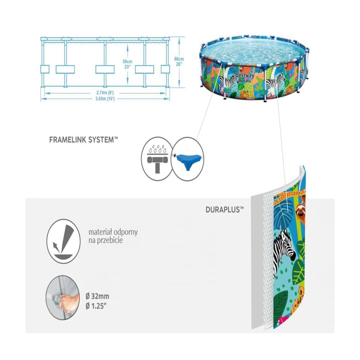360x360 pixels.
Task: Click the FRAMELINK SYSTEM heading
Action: (84, 140)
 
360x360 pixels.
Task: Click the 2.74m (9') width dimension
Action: (105, 93)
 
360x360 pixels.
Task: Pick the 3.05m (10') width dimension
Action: (105, 99)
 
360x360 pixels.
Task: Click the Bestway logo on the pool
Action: (245, 75)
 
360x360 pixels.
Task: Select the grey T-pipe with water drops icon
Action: (157, 159)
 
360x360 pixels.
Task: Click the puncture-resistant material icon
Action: (64, 241)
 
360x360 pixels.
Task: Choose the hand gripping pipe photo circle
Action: (63, 298)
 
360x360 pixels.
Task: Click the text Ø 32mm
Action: (97, 296)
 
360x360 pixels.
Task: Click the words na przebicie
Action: (105, 240)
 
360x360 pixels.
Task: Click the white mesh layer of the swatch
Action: (268, 253)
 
